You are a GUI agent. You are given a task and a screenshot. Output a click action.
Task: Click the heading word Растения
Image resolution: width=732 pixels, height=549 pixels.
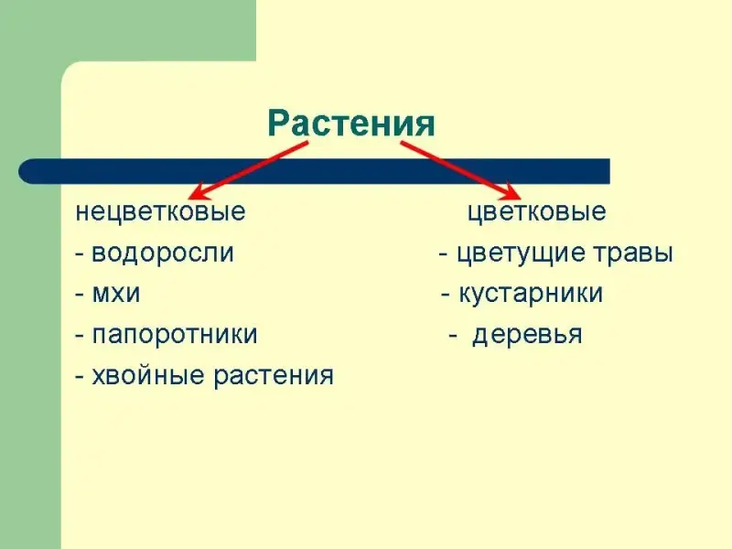point(351,124)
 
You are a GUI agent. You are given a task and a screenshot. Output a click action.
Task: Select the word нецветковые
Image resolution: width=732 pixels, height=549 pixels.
point(161,212)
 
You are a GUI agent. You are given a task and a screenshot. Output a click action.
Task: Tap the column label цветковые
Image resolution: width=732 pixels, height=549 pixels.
point(537,212)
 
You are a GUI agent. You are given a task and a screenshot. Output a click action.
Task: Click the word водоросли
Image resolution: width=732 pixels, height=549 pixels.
point(163,253)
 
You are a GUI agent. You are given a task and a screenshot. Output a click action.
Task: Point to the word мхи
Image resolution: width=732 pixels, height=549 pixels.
point(116,294)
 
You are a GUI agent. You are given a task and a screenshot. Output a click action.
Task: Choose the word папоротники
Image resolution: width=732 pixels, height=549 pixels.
point(175,335)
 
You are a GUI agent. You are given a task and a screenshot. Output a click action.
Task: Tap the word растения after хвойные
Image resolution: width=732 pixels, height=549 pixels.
point(274,376)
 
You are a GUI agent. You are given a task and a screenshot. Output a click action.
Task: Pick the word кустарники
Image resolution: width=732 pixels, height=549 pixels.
point(531,294)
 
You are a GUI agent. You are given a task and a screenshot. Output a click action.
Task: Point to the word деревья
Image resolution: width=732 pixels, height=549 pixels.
point(528,335)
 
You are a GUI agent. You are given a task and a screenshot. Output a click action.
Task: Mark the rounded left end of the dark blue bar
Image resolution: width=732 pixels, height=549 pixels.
point(19,171)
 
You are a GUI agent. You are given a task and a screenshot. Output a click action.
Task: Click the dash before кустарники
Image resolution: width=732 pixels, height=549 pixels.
point(446,296)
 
